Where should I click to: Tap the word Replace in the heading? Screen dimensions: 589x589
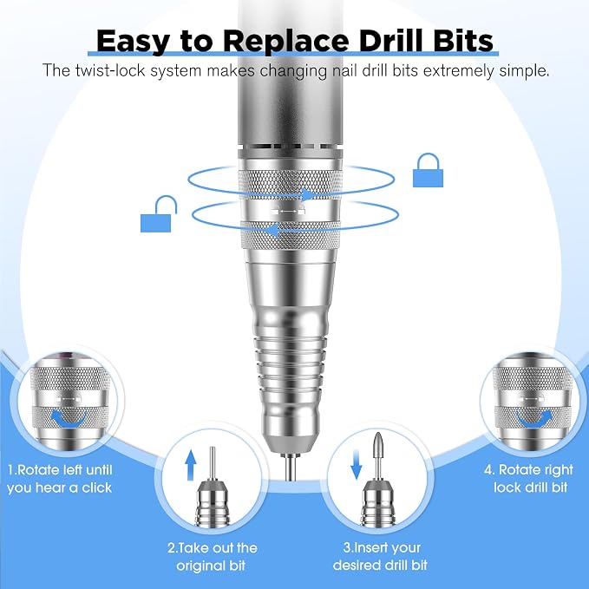(286, 41)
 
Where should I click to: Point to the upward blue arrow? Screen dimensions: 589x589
(191, 465)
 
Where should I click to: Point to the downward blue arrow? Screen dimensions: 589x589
(356, 465)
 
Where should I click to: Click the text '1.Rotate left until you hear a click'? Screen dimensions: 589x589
(60, 479)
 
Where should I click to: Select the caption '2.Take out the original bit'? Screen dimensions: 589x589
(212, 556)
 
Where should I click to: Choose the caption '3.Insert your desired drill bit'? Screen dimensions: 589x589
(380, 556)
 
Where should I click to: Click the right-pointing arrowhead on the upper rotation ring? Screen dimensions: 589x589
(309, 195)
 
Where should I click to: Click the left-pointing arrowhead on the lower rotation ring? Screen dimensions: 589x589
(274, 230)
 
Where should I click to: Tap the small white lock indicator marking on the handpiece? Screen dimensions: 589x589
(289, 212)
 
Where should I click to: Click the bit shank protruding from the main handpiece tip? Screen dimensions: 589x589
(290, 468)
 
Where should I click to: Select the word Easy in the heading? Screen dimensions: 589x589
(133, 42)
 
